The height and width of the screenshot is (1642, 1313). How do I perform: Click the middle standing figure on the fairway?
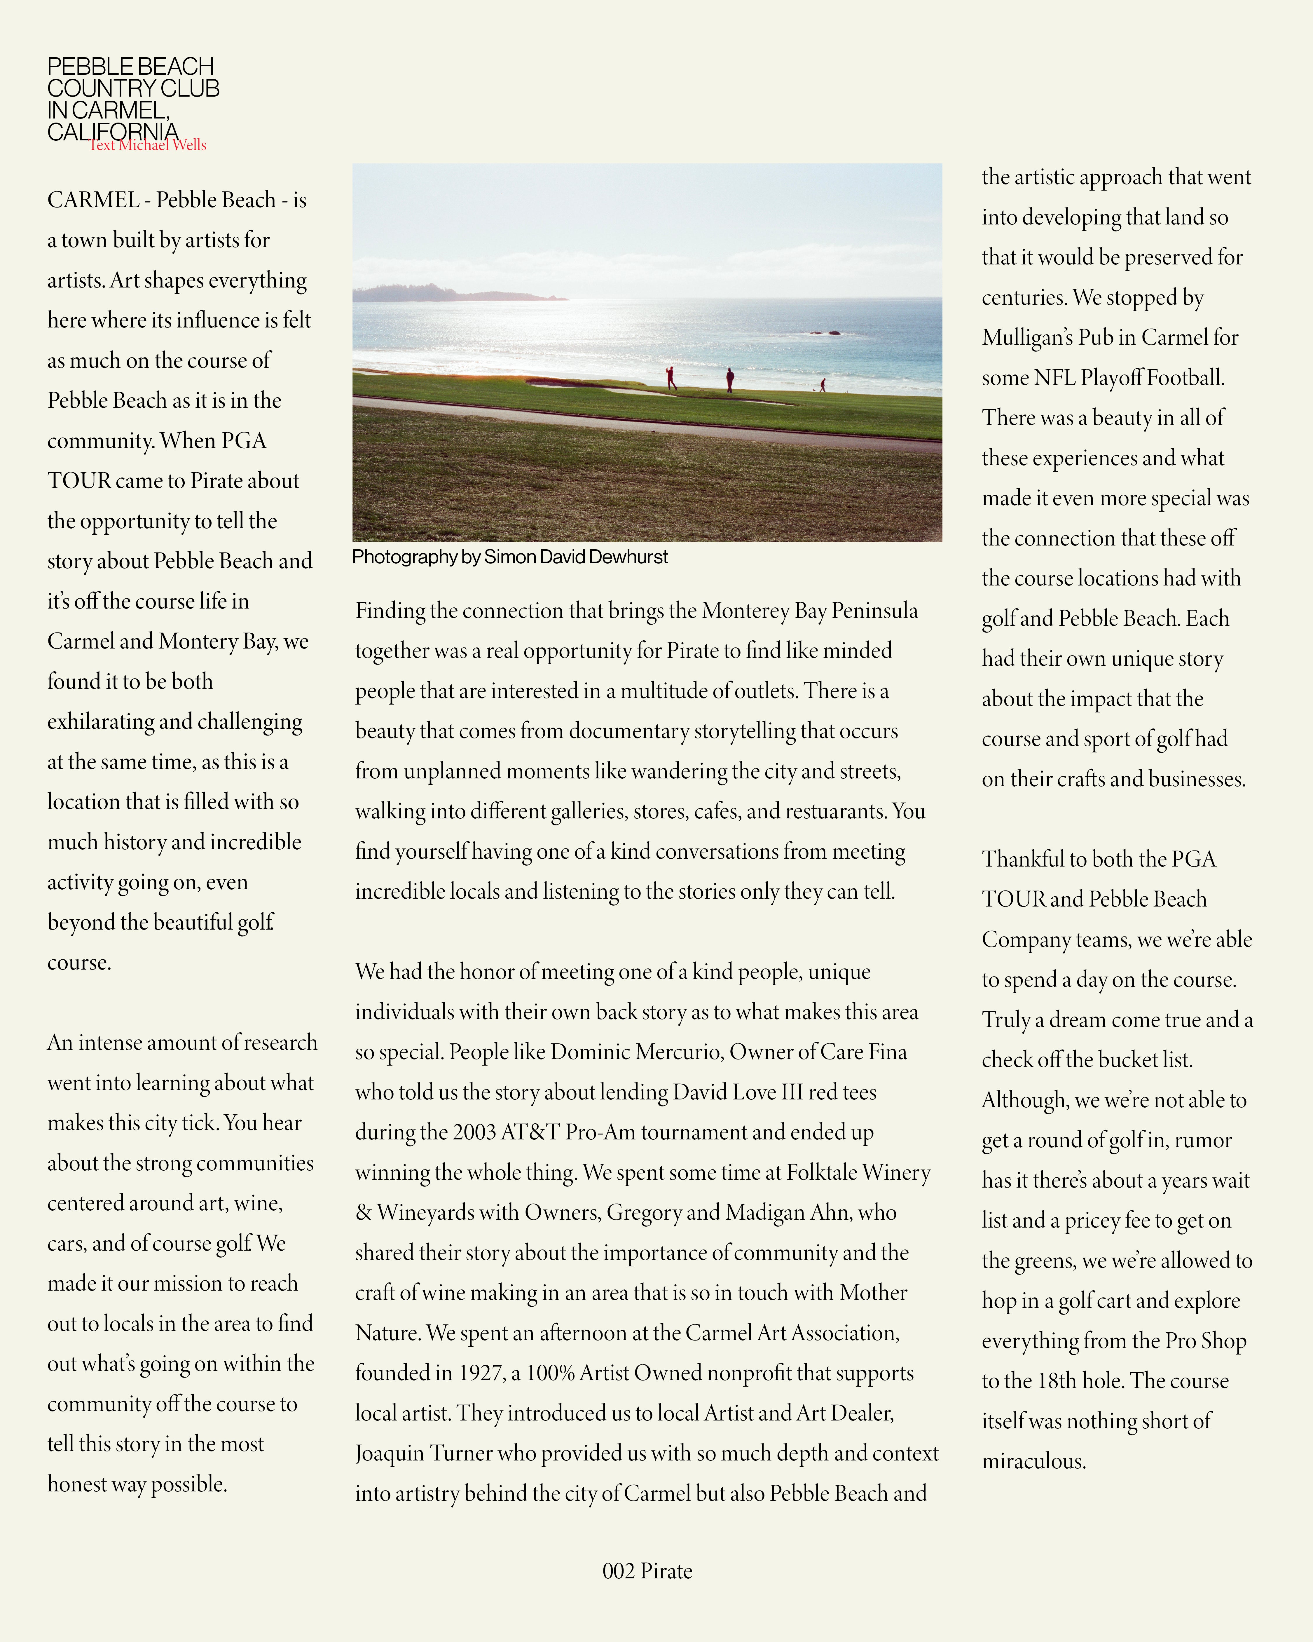pos(730,379)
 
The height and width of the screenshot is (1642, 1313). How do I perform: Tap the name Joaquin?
pos(390,1453)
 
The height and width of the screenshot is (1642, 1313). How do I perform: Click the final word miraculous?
pos(1033,1461)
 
